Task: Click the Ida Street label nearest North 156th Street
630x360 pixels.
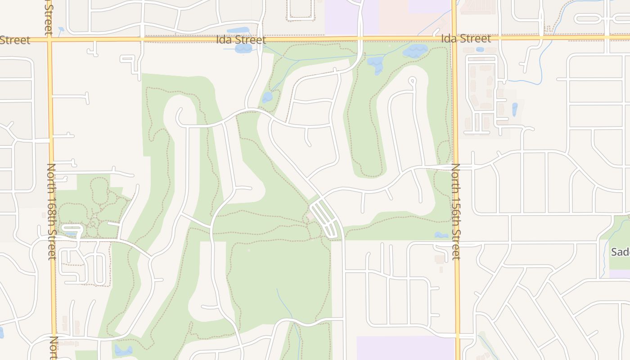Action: [x=466, y=39]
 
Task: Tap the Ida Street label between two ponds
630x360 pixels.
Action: [x=241, y=40]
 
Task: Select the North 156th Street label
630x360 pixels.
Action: [x=456, y=211]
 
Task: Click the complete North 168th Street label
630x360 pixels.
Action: [x=51, y=211]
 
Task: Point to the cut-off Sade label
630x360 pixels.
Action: [x=620, y=252]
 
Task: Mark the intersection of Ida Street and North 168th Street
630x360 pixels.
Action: [x=49, y=40]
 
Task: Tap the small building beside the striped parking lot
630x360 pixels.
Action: [x=311, y=218]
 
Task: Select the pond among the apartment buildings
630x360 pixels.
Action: [x=515, y=109]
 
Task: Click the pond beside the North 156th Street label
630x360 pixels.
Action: [x=441, y=235]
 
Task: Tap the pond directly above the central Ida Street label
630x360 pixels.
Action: [x=238, y=31]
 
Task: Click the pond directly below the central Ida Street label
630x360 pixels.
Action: [x=242, y=48]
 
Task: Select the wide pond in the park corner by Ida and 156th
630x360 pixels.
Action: [x=415, y=50]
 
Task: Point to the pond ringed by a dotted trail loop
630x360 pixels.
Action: [x=267, y=97]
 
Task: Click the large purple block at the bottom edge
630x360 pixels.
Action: [x=405, y=348]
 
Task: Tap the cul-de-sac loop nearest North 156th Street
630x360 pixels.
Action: [x=412, y=81]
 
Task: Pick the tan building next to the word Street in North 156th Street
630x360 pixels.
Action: [x=440, y=259]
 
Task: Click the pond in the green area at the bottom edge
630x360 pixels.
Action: [x=122, y=350]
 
